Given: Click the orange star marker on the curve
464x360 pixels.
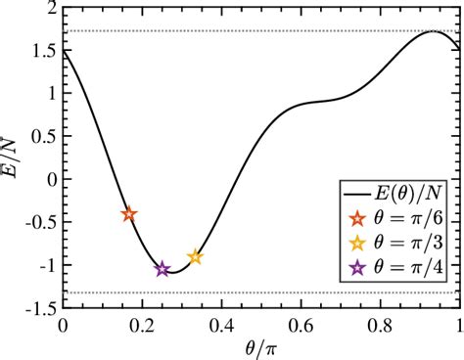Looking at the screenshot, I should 129,214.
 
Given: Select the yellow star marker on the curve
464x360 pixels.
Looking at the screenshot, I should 195,257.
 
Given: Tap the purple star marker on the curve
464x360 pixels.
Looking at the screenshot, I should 162,269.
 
